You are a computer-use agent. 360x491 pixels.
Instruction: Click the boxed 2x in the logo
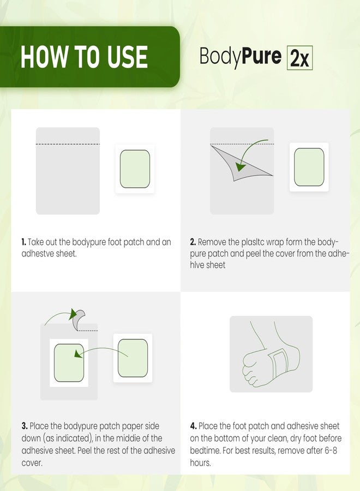coord(299,58)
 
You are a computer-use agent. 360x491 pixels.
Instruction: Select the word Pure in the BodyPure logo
coord(262,56)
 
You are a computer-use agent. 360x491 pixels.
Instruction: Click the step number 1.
coord(23,242)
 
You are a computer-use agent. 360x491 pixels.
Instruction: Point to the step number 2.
coord(193,242)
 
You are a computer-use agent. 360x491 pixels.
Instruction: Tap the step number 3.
coord(25,426)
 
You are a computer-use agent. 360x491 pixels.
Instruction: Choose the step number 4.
coord(193,426)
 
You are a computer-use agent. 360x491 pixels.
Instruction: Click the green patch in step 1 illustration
coord(135,169)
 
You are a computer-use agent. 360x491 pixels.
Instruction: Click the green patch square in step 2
coord(309,167)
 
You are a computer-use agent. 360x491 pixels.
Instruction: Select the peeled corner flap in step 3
coord(78,319)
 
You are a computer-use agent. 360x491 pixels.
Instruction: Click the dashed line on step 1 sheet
coord(68,144)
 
